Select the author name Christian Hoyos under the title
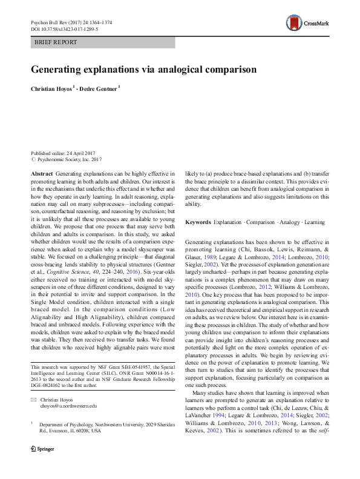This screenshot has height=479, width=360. click(x=53, y=89)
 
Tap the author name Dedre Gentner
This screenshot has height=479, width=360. click(x=100, y=89)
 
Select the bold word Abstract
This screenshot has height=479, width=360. click(x=42, y=173)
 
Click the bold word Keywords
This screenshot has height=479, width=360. click(x=198, y=222)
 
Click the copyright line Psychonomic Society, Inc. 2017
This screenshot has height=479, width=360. click(x=70, y=160)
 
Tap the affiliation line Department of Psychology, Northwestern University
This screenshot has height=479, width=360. click(x=103, y=426)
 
